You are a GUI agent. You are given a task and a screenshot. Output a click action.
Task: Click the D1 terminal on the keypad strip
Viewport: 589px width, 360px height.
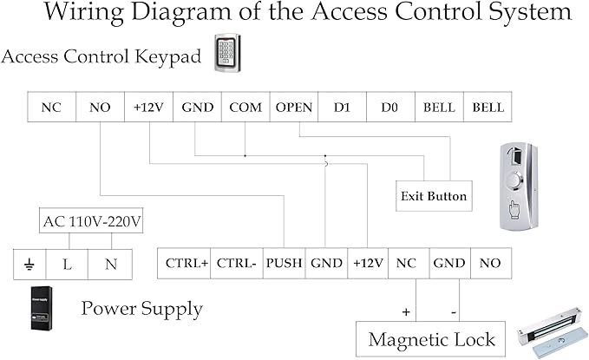(x=342, y=107)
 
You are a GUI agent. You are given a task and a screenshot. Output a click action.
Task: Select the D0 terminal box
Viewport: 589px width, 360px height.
(x=390, y=107)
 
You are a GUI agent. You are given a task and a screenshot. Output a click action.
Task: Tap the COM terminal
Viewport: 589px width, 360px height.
(x=245, y=107)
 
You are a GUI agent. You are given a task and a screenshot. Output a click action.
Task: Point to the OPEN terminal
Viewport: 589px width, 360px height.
(x=294, y=107)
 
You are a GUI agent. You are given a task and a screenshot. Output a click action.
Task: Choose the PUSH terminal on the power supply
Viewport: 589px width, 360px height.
(x=284, y=263)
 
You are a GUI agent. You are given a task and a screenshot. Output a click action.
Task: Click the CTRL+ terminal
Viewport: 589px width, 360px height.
(x=184, y=263)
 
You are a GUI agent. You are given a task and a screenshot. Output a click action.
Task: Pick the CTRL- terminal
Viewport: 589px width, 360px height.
(x=237, y=263)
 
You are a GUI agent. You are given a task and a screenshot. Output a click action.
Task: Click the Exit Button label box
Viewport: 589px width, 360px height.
(x=434, y=196)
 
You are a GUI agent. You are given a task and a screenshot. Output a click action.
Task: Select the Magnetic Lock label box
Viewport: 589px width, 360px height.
(x=430, y=339)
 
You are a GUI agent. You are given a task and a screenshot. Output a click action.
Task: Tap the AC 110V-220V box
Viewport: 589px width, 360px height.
(x=91, y=220)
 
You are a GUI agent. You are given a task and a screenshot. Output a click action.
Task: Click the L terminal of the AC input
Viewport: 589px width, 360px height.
(x=67, y=265)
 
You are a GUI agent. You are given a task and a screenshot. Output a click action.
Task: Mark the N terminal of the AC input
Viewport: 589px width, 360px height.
(x=110, y=265)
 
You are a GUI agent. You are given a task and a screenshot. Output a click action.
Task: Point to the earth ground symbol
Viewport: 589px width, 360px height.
(x=29, y=265)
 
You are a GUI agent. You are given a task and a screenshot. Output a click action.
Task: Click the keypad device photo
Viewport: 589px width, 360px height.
(x=227, y=53)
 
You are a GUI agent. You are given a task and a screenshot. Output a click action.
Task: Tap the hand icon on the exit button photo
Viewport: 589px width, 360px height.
(x=514, y=210)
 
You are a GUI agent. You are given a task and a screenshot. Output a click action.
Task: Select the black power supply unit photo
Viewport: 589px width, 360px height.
(x=42, y=308)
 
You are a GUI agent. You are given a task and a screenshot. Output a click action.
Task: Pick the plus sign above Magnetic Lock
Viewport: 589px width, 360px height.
(x=406, y=312)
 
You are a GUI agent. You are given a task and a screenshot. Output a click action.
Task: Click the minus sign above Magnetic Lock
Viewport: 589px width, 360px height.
(x=454, y=312)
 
